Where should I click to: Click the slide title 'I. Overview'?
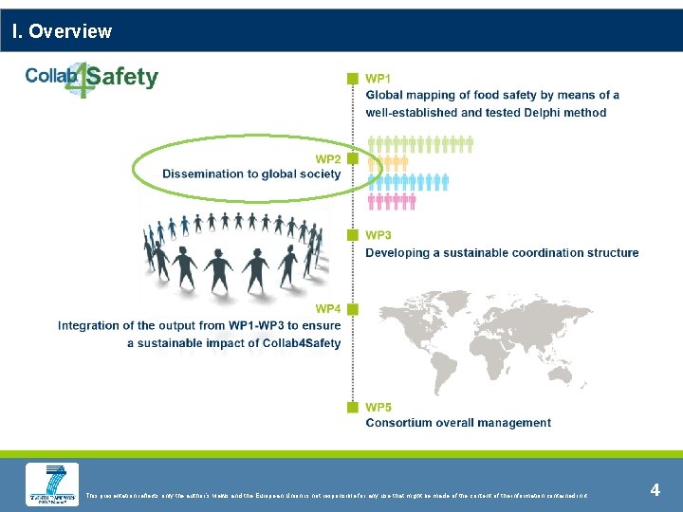coord(62,31)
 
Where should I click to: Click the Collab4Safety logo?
coord(92,78)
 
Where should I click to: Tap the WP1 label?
coord(378,78)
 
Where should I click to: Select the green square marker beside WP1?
coord(352,78)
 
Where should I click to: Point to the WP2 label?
coord(327,158)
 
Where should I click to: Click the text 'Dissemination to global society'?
coord(250,174)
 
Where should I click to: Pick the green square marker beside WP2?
coord(352,158)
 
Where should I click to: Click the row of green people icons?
coord(419,144)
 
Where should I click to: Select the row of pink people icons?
coord(391,201)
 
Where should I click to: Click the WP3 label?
coord(378,235)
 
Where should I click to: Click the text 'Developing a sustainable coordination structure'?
coord(502,252)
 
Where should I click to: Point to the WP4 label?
coord(327,309)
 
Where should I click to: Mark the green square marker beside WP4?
coord(352,309)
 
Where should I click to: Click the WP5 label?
coord(378,407)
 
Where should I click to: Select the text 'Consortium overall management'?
coord(458,423)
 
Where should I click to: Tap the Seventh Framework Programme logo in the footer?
coord(52,484)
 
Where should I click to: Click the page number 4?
coord(655,490)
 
